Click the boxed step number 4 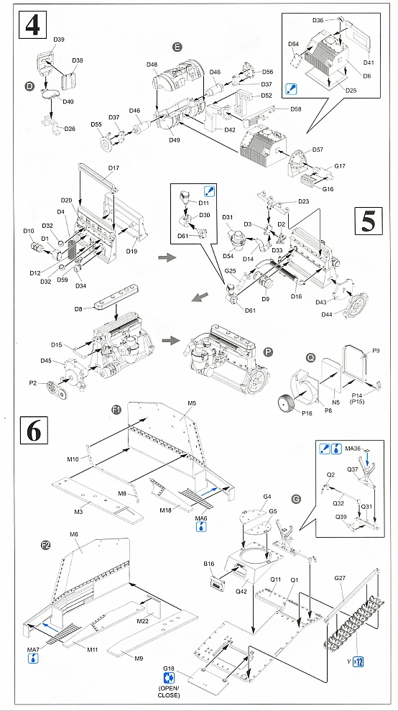tap(32, 25)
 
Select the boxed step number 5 tap(369, 221)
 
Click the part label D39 tap(59, 40)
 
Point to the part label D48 tap(152, 65)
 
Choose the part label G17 tap(340, 166)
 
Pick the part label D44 tap(328, 314)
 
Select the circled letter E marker tap(177, 47)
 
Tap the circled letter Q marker tap(310, 358)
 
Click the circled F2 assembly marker tap(45, 546)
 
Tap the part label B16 tap(209, 564)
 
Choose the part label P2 tap(39, 382)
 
